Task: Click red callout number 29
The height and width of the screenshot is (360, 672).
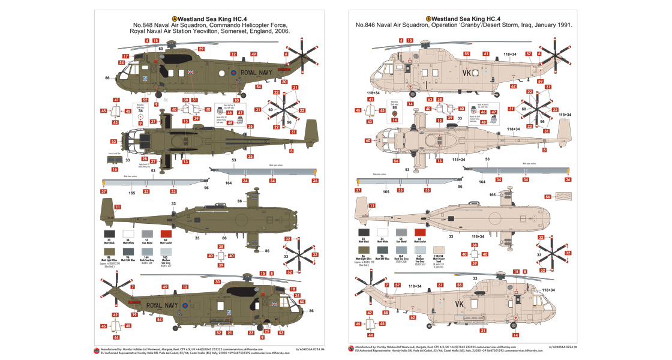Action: tap(202, 49)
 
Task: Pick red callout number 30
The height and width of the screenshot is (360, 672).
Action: tap(218, 281)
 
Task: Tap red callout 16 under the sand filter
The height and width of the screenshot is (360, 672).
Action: tap(115, 170)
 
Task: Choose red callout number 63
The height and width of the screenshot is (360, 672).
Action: tap(430, 100)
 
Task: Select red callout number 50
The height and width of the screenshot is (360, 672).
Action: tap(302, 302)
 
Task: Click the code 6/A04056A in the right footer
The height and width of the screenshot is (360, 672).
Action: tap(558, 347)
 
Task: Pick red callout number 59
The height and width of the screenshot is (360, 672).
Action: tap(541, 81)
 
